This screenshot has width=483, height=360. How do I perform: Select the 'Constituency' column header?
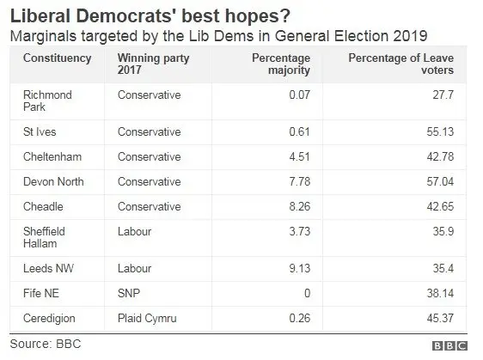click(57, 58)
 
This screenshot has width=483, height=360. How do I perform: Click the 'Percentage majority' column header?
click(280, 64)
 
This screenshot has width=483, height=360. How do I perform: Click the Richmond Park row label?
click(49, 101)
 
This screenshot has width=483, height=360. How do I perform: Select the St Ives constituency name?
click(40, 133)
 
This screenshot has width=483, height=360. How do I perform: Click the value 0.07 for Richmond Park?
click(300, 95)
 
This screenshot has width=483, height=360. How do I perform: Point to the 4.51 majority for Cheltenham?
click(300, 156)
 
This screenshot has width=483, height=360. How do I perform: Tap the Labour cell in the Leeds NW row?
click(135, 269)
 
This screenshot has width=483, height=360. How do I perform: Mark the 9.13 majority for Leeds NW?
click(300, 269)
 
